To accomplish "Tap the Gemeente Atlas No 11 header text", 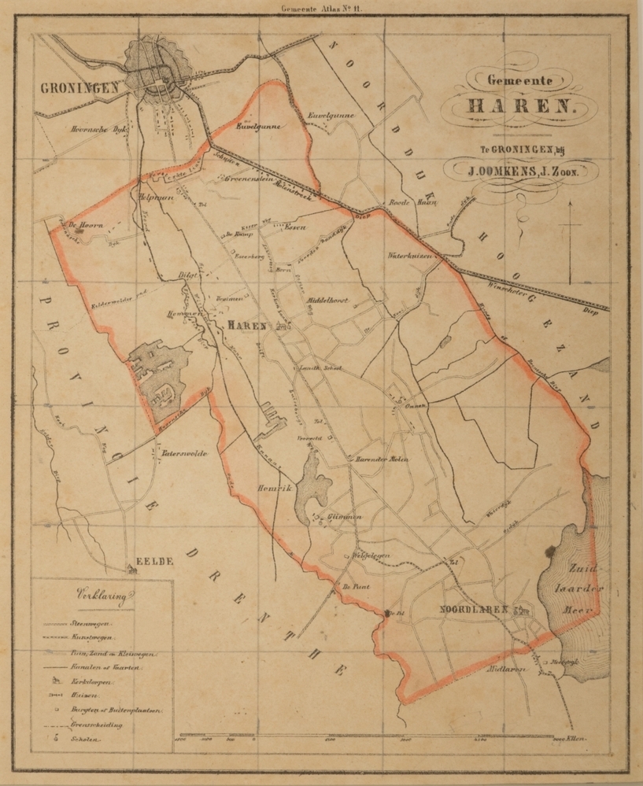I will click(x=321, y=9).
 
